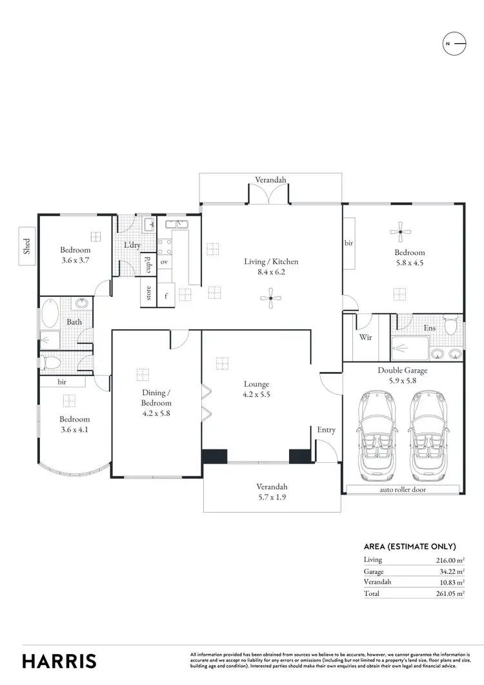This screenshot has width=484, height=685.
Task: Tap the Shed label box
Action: coord(27,246)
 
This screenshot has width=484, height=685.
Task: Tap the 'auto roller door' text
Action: coord(403,489)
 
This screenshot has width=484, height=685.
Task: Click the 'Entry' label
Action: coord(326,430)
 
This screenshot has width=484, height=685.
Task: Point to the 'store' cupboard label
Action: coord(148,293)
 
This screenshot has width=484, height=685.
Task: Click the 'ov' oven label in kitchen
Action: coord(164,262)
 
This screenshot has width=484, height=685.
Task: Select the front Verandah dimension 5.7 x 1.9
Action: coord(271,496)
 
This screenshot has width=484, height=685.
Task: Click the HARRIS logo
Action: coord(59,660)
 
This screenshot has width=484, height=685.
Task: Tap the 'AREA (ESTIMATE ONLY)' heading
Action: coord(410,546)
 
